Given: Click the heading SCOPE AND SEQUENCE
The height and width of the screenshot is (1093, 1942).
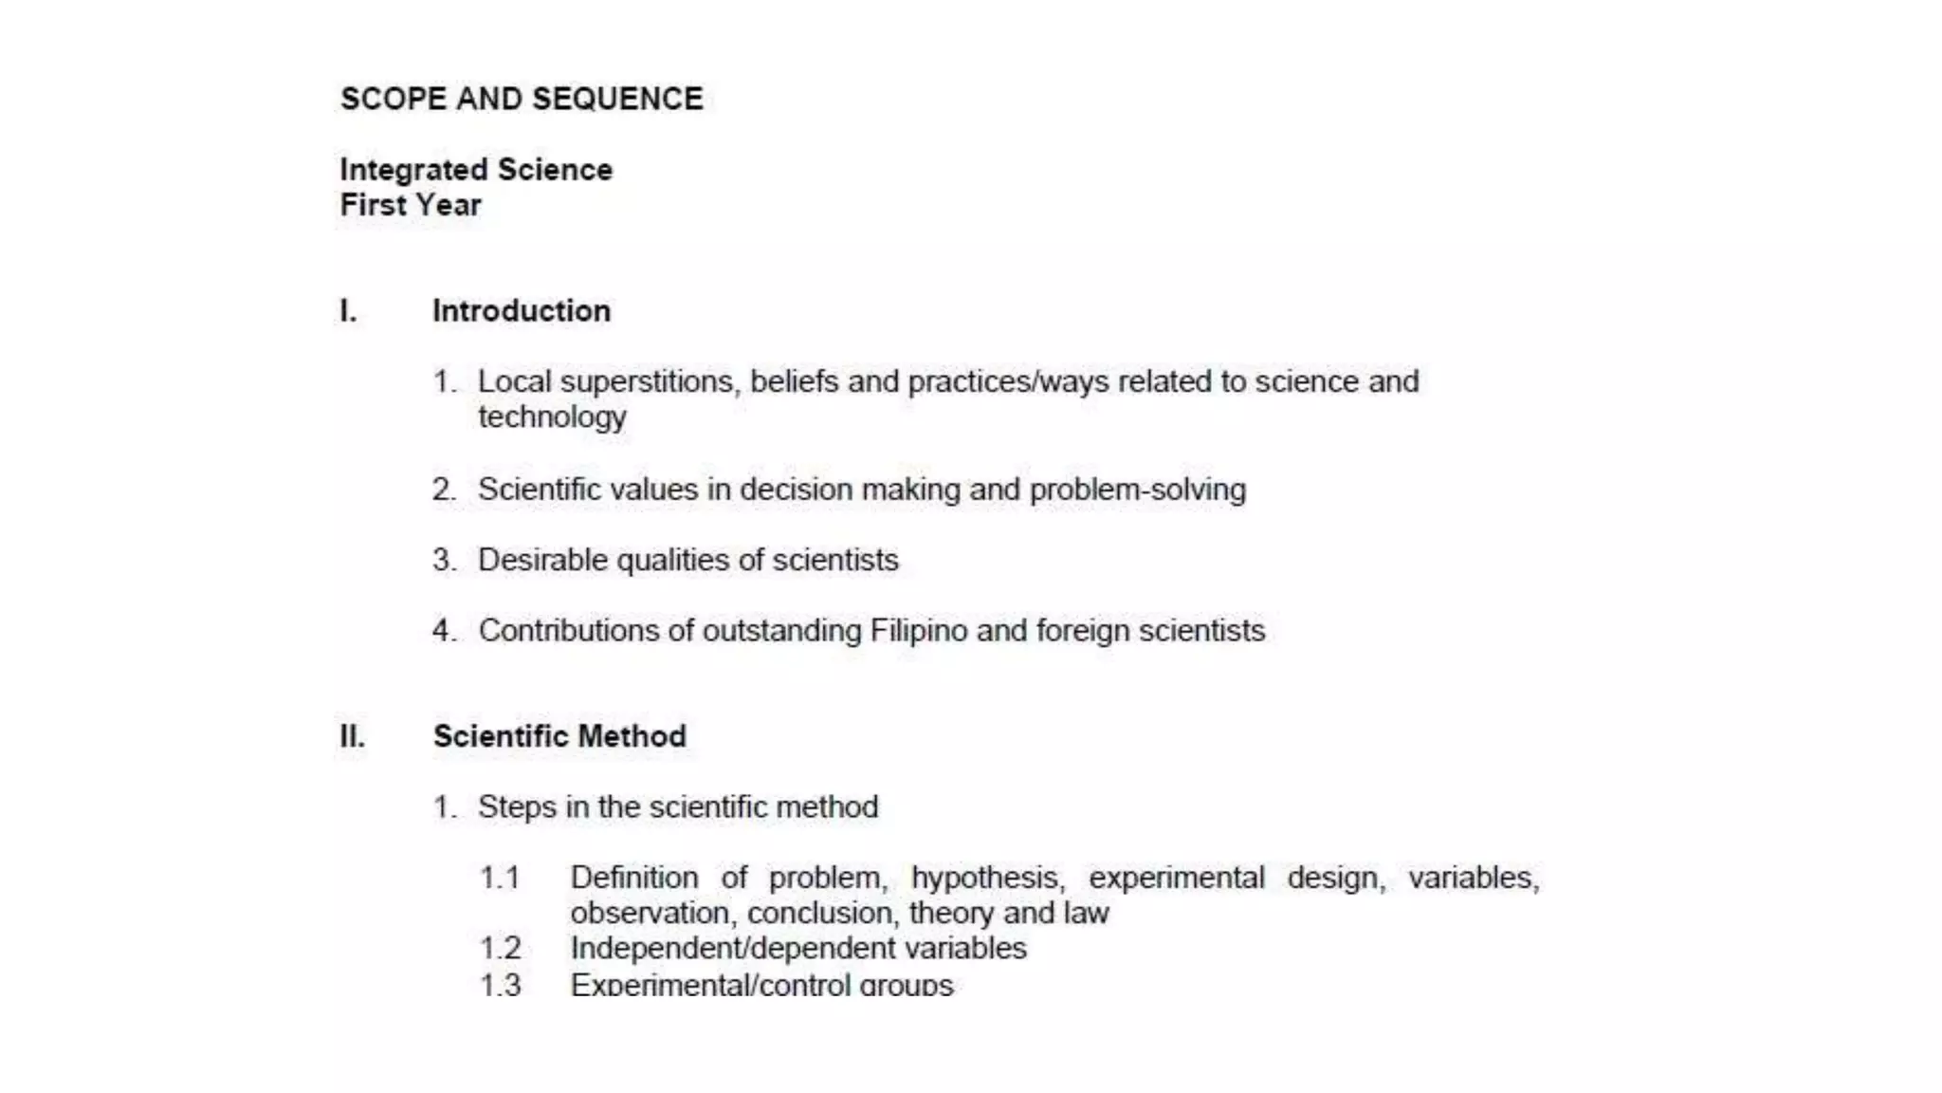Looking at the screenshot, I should click(x=522, y=99).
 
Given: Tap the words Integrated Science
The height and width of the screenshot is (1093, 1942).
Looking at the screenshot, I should click(x=476, y=170).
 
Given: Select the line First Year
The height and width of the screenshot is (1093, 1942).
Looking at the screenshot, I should click(x=411, y=205).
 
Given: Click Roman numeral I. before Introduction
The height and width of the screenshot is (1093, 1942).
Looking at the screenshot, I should click(x=349, y=311).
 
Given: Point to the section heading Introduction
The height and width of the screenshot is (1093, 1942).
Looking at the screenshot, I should click(x=522, y=311).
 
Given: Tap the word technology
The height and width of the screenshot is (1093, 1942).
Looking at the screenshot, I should click(x=552, y=417).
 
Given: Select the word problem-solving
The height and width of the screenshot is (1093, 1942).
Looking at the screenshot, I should click(x=1137, y=490).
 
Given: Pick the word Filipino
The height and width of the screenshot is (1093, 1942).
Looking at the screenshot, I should click(x=918, y=631).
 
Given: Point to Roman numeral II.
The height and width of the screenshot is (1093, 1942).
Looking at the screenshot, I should click(x=353, y=736).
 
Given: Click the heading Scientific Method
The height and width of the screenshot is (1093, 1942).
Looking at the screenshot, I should click(x=559, y=736).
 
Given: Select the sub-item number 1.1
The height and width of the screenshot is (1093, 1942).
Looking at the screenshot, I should click(x=500, y=878).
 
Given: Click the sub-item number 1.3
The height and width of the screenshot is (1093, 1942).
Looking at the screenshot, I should click(x=501, y=985).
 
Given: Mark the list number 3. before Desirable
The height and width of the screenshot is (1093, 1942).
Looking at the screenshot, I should click(x=444, y=560).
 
